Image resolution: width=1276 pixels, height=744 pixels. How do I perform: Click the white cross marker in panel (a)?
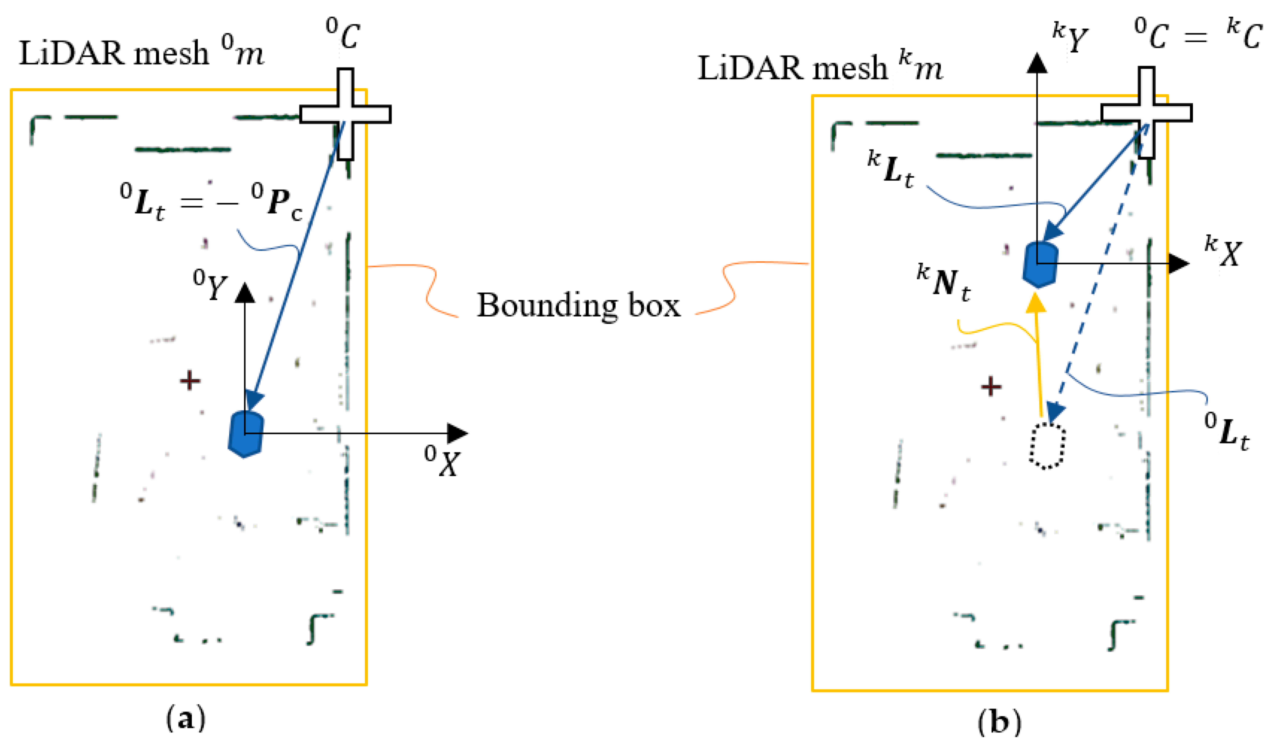point(345,114)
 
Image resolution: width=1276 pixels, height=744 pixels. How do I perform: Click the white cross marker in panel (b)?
point(1146,112)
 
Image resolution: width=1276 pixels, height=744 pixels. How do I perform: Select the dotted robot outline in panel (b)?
point(1047,446)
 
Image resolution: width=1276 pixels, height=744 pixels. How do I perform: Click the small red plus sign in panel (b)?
point(991,386)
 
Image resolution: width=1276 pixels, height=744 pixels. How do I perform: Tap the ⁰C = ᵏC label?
point(1198,34)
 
